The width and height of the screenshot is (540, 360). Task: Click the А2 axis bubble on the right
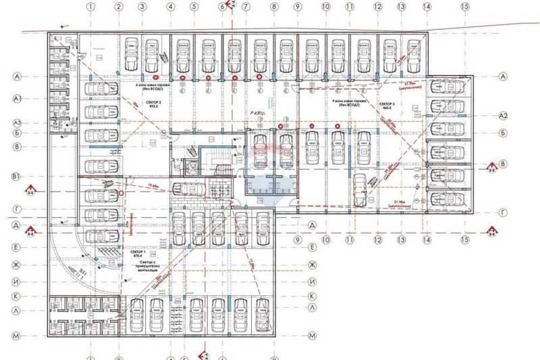[502, 117]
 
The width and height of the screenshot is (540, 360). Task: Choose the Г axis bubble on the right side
[502, 212]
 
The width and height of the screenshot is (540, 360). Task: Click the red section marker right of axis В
[491, 165]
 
